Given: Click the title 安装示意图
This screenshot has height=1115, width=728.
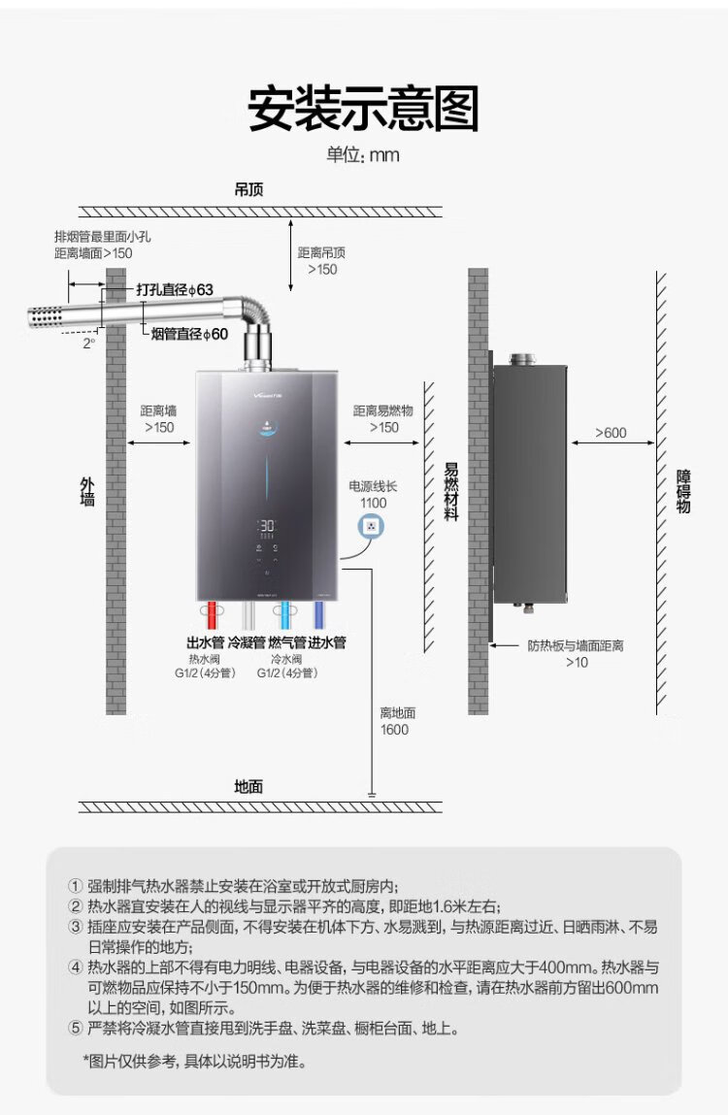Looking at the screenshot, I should [363, 108].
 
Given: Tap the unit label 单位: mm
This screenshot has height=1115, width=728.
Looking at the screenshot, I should [363, 155].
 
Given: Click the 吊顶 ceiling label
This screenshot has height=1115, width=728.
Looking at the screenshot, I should [249, 189].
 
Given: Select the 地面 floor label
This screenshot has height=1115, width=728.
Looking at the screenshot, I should [248, 786].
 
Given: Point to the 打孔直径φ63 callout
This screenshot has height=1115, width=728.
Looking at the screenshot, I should [174, 289].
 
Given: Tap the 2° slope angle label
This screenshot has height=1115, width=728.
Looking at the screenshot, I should [89, 343].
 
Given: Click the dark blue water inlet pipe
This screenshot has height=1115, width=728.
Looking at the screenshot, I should [317, 616].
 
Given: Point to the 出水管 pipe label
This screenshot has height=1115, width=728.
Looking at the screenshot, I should [205, 642].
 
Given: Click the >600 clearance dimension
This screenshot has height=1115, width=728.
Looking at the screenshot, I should [611, 433].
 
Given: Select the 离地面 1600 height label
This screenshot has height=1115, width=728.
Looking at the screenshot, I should [394, 721].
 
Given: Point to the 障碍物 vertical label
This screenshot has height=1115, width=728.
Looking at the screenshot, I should [683, 491].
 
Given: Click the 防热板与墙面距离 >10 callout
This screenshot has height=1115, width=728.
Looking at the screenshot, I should [576, 653].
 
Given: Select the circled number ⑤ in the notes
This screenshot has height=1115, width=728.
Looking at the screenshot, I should [76, 1028].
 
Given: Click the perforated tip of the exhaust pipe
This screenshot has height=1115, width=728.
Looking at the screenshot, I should [46, 317].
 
